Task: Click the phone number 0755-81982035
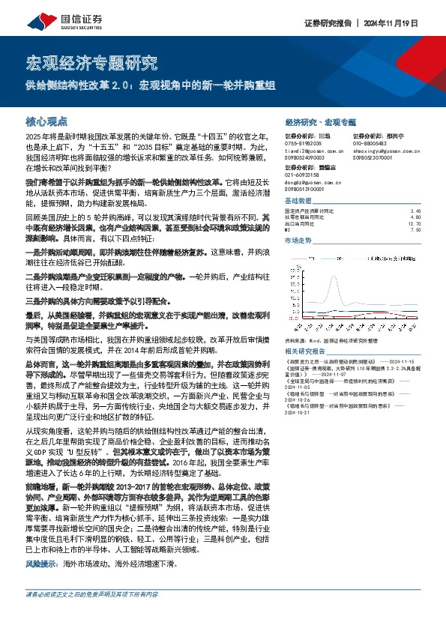click(305, 143)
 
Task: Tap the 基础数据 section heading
click(298, 202)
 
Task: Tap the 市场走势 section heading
click(298, 241)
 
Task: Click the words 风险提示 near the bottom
click(40, 562)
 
